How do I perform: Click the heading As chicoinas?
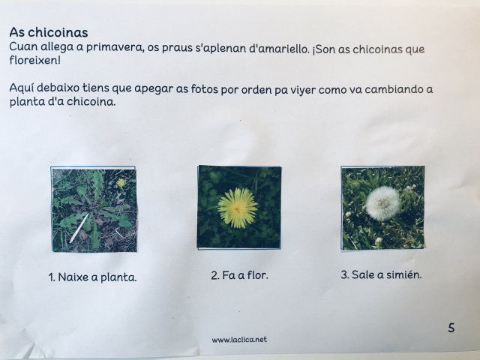pyautogui.click(x=49, y=32)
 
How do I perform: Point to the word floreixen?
pyautogui.click(x=35, y=60)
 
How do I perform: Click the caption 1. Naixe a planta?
pyautogui.click(x=92, y=277)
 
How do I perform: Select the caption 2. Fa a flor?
pyautogui.click(x=239, y=275)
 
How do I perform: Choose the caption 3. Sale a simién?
pyautogui.click(x=381, y=274)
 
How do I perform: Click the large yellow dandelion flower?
pyautogui.click(x=238, y=208)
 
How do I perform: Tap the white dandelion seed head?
pyautogui.click(x=382, y=203)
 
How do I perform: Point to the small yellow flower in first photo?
pyautogui.click(x=121, y=183)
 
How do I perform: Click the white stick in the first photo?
pyautogui.click(x=79, y=228)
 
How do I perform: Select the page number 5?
pyautogui.click(x=451, y=328)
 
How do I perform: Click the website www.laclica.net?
pyautogui.click(x=239, y=340)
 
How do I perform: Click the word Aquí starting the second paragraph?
pyautogui.click(x=22, y=88)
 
